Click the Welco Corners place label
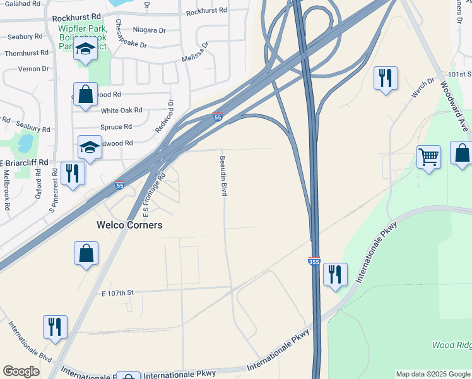129,225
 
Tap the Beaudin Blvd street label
223,176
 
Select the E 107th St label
118,293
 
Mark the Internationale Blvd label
29,342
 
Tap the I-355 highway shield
314,261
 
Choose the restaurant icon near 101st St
385,78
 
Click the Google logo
21,371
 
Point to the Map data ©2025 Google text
432,374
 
